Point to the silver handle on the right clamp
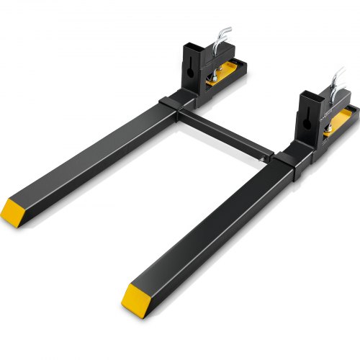(x=338, y=79)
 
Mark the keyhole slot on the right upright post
(x=310, y=118)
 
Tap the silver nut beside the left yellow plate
(x=213, y=74)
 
